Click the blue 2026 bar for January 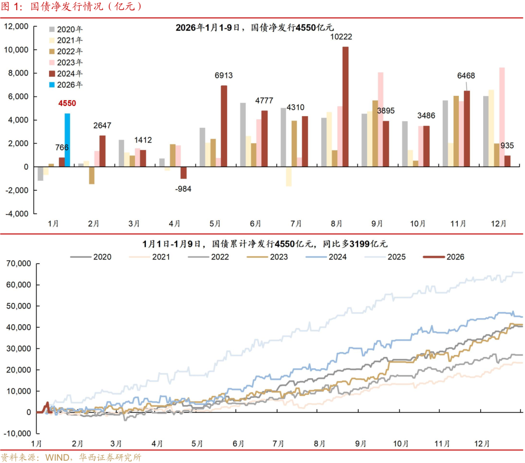pos(67,140)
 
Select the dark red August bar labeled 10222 pos(345,107)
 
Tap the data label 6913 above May pos(224,75)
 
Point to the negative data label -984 pos(183,189)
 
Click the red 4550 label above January pos(67,103)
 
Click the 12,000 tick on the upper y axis pos(17,27)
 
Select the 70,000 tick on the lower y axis pos(17,264)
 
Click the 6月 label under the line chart pos(238,444)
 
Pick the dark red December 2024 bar pos(507,161)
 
